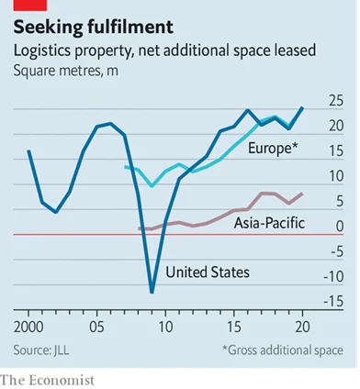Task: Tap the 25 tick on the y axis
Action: click(x=335, y=100)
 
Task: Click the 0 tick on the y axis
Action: click(x=340, y=226)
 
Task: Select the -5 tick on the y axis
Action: click(x=335, y=250)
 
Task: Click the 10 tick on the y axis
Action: click(x=335, y=175)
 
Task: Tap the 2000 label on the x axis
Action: click(x=29, y=326)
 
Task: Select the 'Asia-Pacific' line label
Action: click(x=269, y=223)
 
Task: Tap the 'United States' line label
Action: click(x=208, y=272)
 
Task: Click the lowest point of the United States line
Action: click(x=152, y=292)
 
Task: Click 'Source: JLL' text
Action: click(x=46, y=350)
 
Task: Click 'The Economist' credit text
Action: click(x=47, y=378)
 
